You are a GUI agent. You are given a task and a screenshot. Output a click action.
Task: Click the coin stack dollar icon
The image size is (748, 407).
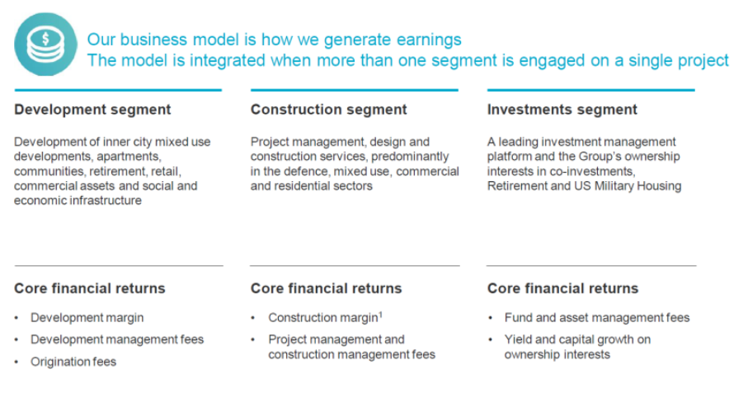point(46,44)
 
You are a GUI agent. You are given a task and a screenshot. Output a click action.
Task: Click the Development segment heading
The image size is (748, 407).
point(92,110)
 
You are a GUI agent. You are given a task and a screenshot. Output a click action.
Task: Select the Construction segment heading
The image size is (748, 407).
point(329,110)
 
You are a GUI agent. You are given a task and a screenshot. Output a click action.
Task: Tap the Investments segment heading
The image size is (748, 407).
point(562,110)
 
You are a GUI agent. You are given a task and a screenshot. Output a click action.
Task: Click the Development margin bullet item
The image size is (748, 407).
point(87,318)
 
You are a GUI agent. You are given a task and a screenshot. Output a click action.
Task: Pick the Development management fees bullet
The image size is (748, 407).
point(117,339)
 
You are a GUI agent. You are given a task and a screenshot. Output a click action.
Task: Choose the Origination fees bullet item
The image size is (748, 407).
point(73,362)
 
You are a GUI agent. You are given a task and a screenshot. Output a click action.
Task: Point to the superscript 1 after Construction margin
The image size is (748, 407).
point(381,315)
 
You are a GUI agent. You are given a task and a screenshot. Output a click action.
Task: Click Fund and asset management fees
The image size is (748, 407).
point(597,318)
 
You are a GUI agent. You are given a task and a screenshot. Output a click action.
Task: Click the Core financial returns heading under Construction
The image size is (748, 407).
point(327,288)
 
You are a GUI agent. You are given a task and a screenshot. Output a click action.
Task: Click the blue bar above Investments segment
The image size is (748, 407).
point(591,90)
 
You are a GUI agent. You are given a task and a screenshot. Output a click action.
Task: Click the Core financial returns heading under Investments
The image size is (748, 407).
point(563,288)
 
